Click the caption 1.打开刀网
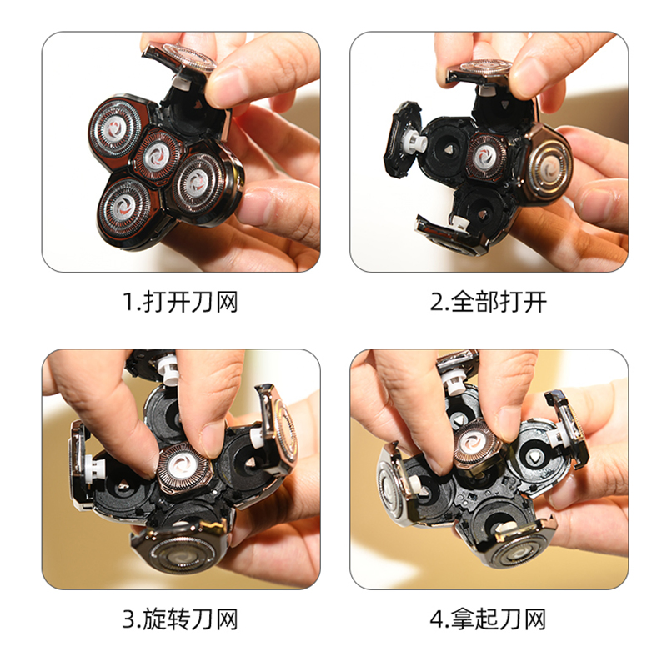click(x=180, y=302)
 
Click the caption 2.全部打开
click(x=488, y=302)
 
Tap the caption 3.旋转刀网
click(x=180, y=619)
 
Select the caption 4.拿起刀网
click(x=488, y=619)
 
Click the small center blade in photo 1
click(x=156, y=154)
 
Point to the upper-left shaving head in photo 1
click(x=115, y=128)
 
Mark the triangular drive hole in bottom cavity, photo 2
click(x=482, y=214)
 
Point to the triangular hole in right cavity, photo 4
click(x=533, y=457)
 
